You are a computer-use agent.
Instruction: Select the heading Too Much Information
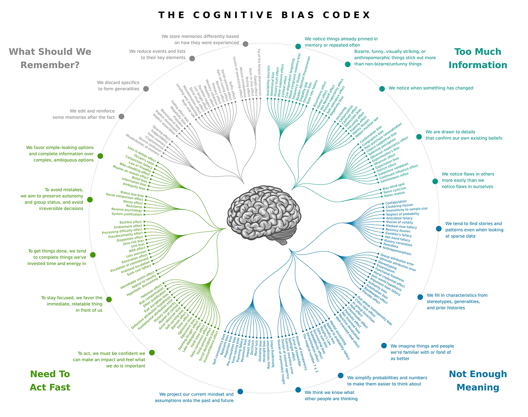click(x=478, y=58)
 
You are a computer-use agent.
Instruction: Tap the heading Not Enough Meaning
click(x=478, y=380)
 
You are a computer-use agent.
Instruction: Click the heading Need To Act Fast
click(x=50, y=380)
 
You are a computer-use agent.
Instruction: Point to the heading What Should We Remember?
click(x=50, y=58)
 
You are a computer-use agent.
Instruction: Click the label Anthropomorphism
click(x=397, y=251)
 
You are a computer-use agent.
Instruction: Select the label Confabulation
click(x=396, y=202)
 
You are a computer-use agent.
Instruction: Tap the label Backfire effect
click(x=130, y=222)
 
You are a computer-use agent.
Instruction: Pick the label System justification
click(x=126, y=214)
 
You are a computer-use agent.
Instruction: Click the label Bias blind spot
click(x=394, y=185)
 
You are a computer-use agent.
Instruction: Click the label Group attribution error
click(x=397, y=259)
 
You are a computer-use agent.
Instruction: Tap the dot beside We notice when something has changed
click(x=382, y=89)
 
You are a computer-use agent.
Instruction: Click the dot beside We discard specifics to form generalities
click(x=146, y=89)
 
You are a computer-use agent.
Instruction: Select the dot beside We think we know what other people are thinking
click(x=298, y=390)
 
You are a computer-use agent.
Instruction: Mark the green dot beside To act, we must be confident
click(x=152, y=353)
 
